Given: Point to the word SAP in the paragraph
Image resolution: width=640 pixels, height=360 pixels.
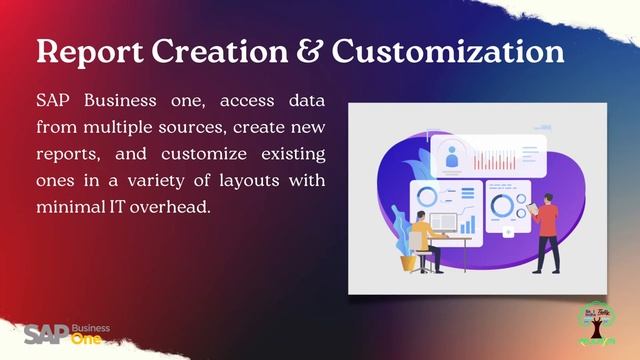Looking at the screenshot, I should coord(54,102).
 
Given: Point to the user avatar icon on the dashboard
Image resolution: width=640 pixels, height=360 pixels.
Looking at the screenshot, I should coord(451,157).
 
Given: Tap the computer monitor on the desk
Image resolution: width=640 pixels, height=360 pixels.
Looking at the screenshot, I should coord(442,224).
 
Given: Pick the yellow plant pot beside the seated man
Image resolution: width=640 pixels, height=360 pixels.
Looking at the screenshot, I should coord(408,262).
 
